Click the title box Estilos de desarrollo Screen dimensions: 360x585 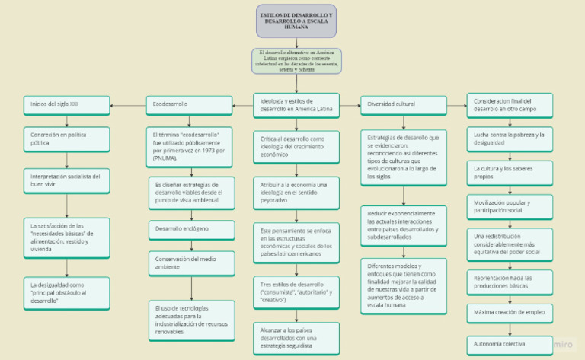tap(296, 21)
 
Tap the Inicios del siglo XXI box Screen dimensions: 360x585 tap(66, 103)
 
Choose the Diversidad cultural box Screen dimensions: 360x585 tap(403, 104)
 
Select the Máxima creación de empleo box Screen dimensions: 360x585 tap(510, 313)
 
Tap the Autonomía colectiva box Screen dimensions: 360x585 tap(510, 344)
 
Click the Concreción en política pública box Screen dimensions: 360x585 tap(66, 138)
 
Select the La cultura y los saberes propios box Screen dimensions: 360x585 tap(510, 173)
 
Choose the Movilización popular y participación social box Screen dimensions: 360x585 tap(510, 208)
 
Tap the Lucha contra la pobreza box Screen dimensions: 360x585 tap(510, 139)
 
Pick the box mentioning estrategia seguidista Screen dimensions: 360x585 tap(296, 336)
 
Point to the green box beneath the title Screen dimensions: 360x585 tap(296, 60)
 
